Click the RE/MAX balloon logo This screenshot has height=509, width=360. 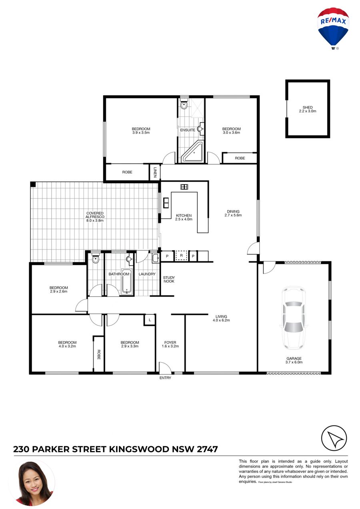point(333,28)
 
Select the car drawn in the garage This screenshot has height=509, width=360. point(294,318)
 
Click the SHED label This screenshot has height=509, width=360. point(307,107)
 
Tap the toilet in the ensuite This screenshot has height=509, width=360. point(184,104)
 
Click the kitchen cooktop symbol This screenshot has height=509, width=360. point(184,187)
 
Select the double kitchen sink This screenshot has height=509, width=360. point(166,203)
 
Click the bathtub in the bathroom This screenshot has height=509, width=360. point(126,281)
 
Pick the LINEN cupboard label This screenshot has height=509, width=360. point(155,172)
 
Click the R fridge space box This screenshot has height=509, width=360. point(181,255)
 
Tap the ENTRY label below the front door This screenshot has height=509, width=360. point(165,378)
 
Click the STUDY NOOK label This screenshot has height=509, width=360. point(169,279)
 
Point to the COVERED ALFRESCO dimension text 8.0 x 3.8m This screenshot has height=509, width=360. point(95,220)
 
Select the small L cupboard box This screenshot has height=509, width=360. point(150,320)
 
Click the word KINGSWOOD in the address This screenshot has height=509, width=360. point(139,449)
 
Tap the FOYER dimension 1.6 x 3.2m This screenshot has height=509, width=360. point(170,346)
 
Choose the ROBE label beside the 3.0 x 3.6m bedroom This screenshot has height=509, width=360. point(240,158)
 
